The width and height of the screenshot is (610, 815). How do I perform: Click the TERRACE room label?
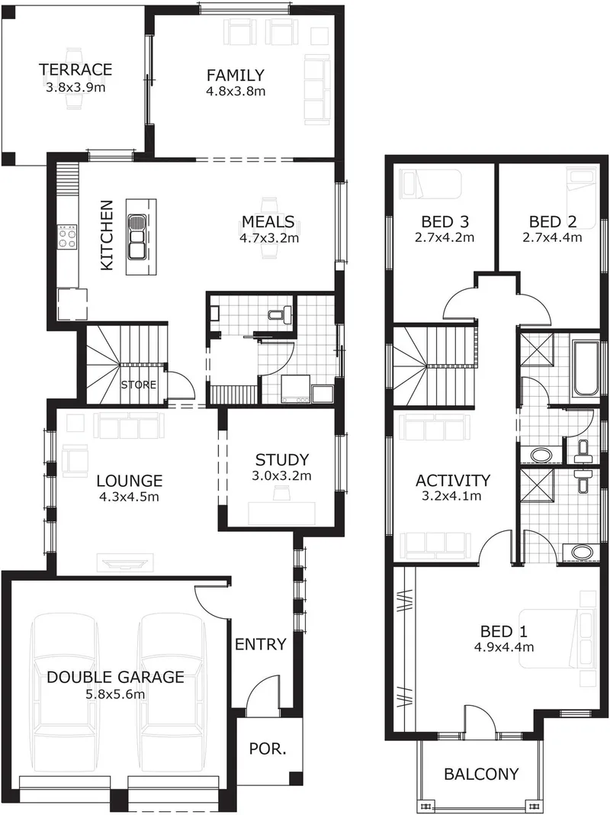click(75, 69)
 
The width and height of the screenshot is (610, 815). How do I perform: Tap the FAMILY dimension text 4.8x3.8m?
click(236, 92)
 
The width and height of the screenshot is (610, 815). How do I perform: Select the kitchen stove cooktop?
click(68, 238)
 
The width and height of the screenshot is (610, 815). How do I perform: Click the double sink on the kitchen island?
click(137, 237)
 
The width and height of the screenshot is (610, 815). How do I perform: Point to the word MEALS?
click(268, 222)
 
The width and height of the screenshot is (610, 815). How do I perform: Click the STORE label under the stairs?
click(139, 385)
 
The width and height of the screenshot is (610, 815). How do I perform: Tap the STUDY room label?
click(282, 459)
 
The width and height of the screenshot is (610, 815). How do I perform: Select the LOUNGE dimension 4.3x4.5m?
click(128, 497)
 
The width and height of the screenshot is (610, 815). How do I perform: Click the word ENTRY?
click(261, 644)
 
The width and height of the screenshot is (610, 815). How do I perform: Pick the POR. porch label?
click(268, 749)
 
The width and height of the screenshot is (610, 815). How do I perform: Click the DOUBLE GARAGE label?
click(115, 677)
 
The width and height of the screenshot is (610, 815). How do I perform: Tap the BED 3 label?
click(445, 222)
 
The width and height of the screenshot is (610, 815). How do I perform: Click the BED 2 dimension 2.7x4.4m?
click(552, 238)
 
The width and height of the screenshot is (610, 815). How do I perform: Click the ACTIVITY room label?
click(453, 480)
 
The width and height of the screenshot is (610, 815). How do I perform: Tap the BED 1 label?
click(503, 632)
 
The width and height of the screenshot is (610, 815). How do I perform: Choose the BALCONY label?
click(481, 775)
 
